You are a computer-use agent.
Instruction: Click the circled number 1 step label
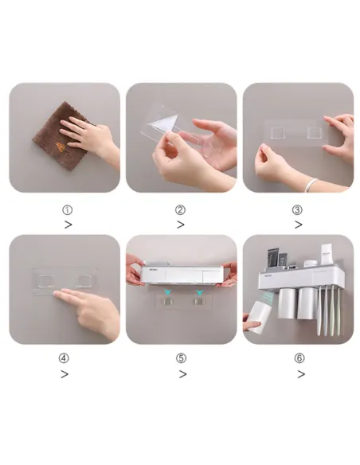click(68, 210)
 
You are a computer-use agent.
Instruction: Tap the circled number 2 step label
click(180, 210)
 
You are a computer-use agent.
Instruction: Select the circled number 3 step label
click(297, 210)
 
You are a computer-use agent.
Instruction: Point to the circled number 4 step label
click(64, 358)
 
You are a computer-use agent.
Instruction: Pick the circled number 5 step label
click(181, 358)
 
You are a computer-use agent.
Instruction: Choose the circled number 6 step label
click(299, 358)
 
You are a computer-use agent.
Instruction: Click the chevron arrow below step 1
click(68, 225)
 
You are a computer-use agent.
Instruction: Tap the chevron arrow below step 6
click(301, 374)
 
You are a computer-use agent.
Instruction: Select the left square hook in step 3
click(278, 132)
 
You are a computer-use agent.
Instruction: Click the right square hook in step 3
click(315, 132)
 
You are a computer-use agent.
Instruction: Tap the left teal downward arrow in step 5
click(168, 292)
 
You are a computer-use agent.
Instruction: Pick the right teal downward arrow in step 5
click(199, 292)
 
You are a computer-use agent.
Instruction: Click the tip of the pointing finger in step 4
click(55, 293)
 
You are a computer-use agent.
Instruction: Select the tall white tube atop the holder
click(326, 254)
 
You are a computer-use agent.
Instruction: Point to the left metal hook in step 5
click(167, 303)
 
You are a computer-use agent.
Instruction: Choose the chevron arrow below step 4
click(65, 374)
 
